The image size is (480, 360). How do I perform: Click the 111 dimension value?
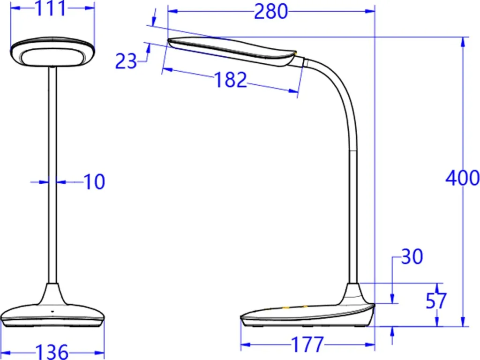coord(51,8)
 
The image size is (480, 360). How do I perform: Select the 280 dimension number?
coord(271,12)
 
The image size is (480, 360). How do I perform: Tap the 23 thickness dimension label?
coord(126,61)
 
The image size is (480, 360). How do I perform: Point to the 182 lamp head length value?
coord(230,80)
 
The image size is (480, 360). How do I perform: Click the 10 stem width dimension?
coord(94,182)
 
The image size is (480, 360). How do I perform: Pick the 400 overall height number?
coord(462,178)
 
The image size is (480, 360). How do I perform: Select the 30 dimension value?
coord(412,256)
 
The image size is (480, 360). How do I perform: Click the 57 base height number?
coord(436,301)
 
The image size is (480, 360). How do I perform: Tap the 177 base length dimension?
coord(307,345)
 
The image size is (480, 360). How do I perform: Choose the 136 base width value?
coord(52,352)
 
